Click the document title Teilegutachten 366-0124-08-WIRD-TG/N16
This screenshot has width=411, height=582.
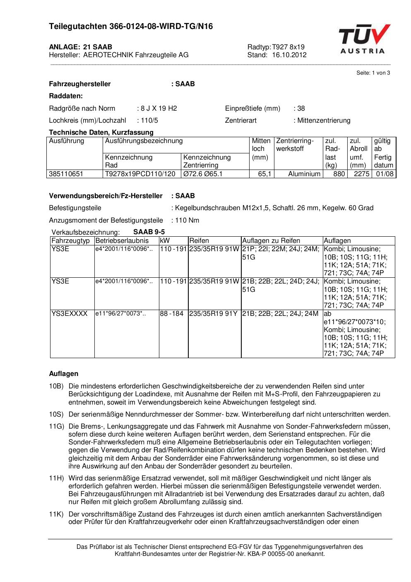(x=131, y=27)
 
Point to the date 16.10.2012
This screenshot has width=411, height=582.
(x=289, y=55)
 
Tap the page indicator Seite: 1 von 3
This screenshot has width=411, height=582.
(x=373, y=73)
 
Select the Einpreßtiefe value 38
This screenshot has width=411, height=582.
(x=301, y=109)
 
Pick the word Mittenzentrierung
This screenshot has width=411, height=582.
(x=324, y=121)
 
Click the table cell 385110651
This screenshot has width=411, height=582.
(x=66, y=174)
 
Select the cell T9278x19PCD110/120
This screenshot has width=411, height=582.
(x=140, y=174)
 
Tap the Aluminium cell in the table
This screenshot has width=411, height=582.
(x=304, y=174)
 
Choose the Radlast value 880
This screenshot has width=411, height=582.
(x=339, y=174)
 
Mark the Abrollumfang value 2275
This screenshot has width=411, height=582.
(x=361, y=174)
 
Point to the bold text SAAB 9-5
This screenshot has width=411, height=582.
(x=149, y=232)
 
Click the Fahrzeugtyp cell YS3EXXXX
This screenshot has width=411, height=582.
(x=70, y=314)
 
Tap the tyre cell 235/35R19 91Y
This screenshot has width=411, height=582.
(x=214, y=314)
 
